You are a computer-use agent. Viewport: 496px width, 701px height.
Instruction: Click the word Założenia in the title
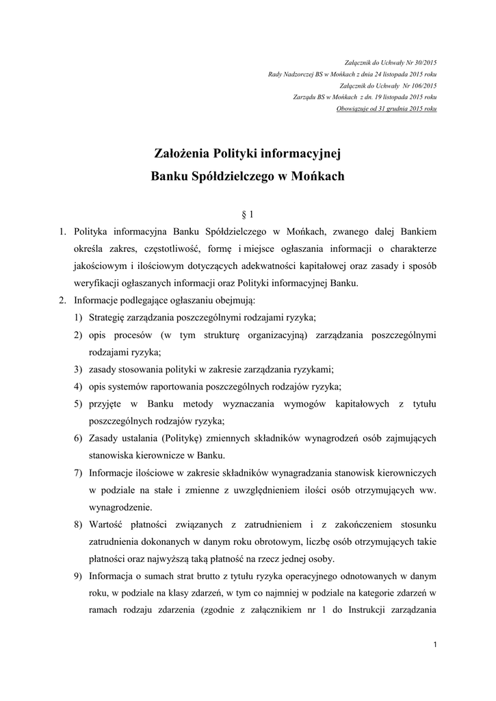coord(182,153)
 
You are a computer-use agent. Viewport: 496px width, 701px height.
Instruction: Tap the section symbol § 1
coord(248,214)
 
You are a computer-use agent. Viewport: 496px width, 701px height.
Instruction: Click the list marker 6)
coord(79,437)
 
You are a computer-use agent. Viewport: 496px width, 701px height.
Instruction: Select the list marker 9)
coord(79,558)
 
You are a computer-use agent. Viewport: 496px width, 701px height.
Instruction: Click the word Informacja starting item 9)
coord(114,558)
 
